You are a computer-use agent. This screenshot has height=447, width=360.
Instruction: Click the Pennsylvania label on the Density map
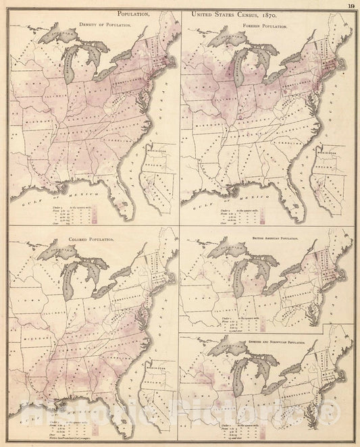[x=124, y=76]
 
